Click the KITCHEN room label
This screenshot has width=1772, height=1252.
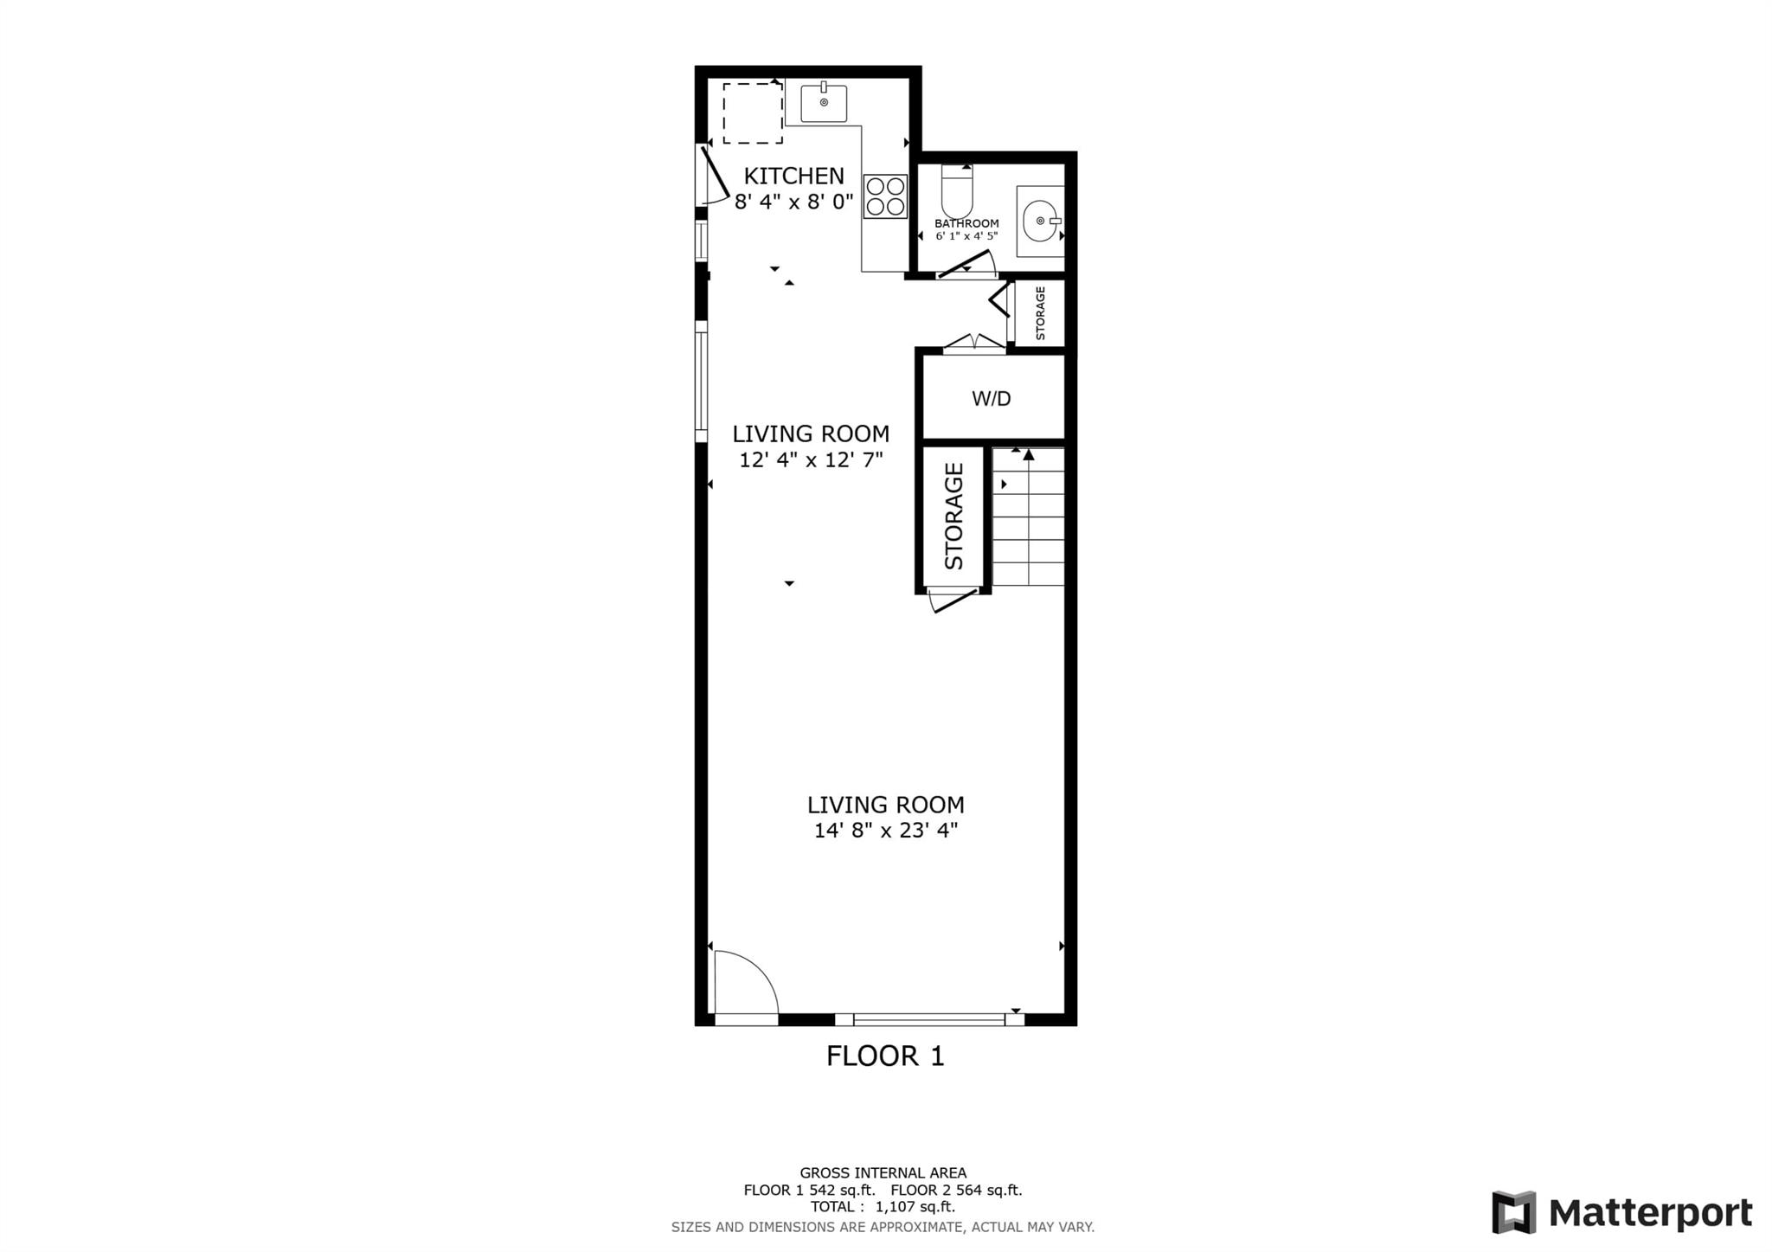pos(793,176)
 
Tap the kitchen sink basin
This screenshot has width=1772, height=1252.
pos(824,103)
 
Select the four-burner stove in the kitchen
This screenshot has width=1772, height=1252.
pos(885,196)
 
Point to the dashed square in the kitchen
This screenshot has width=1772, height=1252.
pos(753,113)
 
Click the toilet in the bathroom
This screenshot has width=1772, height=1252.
pos(957,190)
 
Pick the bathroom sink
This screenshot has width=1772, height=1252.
pos(1040,222)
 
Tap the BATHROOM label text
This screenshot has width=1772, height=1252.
pos(966,223)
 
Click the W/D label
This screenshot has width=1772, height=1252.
pos(992,399)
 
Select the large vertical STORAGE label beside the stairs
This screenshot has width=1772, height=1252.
pos(953,516)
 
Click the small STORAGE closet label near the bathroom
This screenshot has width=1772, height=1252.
pos(1040,312)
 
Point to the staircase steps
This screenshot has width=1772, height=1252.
pos(1028,517)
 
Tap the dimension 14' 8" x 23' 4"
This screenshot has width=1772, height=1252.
pos(886,831)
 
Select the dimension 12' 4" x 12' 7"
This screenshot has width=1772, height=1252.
pos(811,459)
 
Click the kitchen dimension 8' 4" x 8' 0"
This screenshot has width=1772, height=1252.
pos(794,202)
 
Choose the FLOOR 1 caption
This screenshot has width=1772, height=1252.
pos(885,1056)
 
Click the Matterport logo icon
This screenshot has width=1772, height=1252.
pos(1513,1212)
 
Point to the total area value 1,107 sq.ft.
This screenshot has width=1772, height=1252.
pos(915,1207)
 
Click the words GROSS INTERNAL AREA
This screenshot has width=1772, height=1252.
pos(883,1173)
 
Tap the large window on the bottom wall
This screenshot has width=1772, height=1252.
pos(929,1019)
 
